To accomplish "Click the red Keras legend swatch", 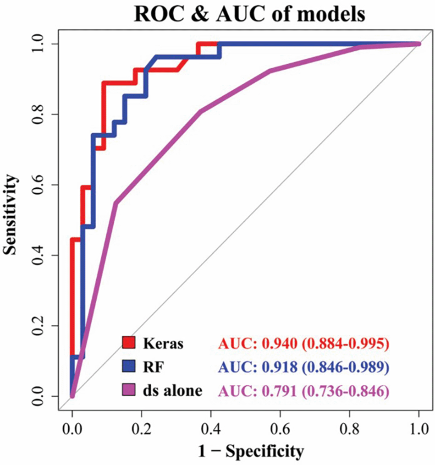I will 128,343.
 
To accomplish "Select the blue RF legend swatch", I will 128,367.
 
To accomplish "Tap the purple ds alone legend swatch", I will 128,390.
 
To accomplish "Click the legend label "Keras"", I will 163,343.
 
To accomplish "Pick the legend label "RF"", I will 151,367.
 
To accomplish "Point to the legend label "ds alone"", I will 172,391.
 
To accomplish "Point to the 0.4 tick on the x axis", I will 211,429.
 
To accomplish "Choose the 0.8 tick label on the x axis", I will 349,429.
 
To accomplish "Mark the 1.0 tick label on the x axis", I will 418,429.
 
